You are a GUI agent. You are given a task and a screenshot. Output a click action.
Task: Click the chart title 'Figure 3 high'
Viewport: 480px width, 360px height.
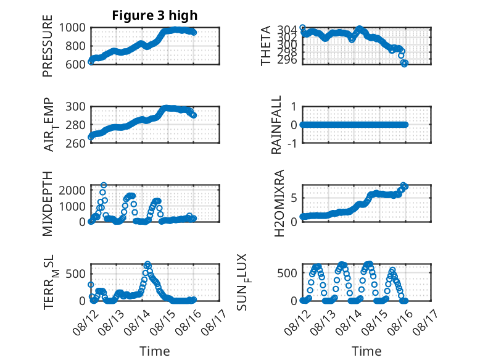[x=155, y=15]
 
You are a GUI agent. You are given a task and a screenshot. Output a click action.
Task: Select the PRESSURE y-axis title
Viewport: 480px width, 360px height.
[x=48, y=46]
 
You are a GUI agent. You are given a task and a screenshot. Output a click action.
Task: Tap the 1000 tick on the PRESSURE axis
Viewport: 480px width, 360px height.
[x=72, y=28]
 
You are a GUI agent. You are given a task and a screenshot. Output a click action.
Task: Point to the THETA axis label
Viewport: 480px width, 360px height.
[x=266, y=46]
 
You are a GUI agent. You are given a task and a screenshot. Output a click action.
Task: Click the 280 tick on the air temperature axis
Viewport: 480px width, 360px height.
[x=76, y=125]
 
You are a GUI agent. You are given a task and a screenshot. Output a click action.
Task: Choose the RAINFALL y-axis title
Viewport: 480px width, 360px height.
[x=276, y=125]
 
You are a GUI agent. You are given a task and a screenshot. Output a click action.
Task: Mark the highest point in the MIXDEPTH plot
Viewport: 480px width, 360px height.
[x=104, y=185]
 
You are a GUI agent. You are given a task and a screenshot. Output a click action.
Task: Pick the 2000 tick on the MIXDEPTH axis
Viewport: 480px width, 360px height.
[x=72, y=191]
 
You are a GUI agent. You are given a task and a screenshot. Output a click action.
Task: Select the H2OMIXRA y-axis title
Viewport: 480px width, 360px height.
[x=279, y=203]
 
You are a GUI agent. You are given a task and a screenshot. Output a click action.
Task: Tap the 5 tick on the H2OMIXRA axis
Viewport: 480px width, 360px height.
[x=294, y=198]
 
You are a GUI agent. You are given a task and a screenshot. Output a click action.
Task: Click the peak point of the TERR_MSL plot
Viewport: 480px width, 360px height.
[x=147, y=264]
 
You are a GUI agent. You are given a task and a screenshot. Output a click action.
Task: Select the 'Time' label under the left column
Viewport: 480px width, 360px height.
[x=155, y=351]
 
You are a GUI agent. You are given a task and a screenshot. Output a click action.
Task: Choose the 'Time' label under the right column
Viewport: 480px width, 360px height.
[x=366, y=351]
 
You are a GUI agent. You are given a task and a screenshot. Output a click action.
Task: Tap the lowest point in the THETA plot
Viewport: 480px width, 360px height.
[x=404, y=64]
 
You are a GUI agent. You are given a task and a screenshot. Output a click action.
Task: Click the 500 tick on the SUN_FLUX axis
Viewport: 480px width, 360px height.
[x=287, y=273]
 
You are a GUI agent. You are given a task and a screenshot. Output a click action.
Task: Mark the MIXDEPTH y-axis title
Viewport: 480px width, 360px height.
[x=48, y=203]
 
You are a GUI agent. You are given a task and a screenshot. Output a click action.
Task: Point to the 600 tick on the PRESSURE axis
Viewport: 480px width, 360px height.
[x=76, y=64]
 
